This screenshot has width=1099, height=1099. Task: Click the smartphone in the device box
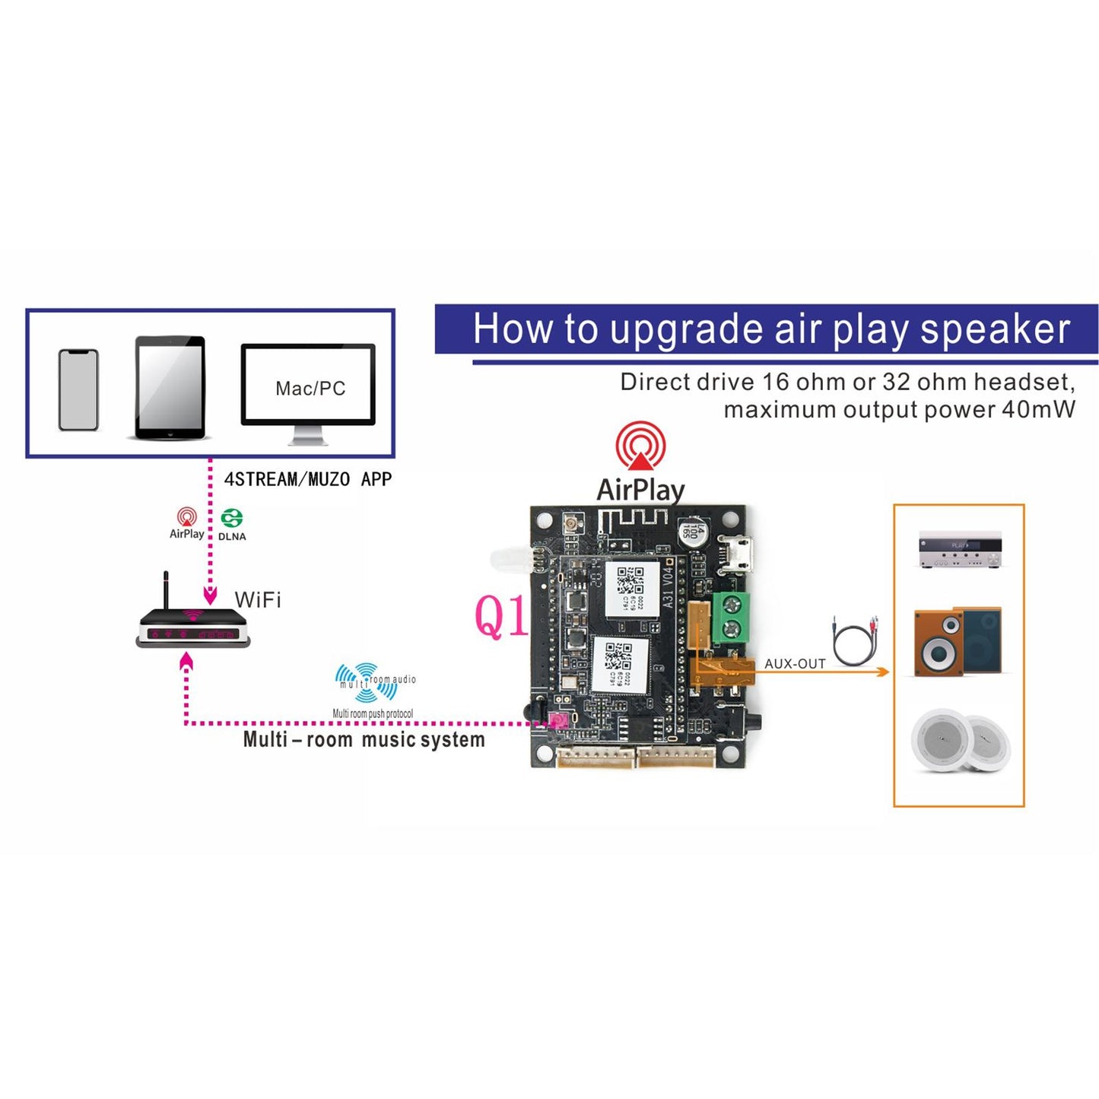pyautogui.click(x=78, y=390)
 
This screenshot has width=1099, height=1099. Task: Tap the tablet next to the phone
pyautogui.click(x=170, y=388)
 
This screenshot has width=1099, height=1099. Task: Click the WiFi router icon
pyautogui.click(x=192, y=624)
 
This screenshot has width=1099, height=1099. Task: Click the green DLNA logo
pyautogui.click(x=232, y=519)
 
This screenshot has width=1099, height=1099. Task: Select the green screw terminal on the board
pyautogui.click(x=731, y=617)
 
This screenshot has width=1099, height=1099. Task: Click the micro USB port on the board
pyautogui.click(x=737, y=554)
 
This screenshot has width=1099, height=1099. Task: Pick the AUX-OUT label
pyautogui.click(x=795, y=664)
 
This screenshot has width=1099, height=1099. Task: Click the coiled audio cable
pyautogui.click(x=856, y=642)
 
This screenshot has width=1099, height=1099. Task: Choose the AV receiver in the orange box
pyautogui.click(x=960, y=549)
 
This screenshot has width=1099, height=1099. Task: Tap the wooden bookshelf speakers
pyautogui.click(x=958, y=641)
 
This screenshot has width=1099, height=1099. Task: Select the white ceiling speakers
pyautogui.click(x=961, y=742)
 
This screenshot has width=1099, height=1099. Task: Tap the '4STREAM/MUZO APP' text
pyautogui.click(x=308, y=479)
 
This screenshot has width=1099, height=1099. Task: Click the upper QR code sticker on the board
pyautogui.click(x=631, y=589)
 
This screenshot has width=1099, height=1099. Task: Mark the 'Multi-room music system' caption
pyautogui.click(x=364, y=740)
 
